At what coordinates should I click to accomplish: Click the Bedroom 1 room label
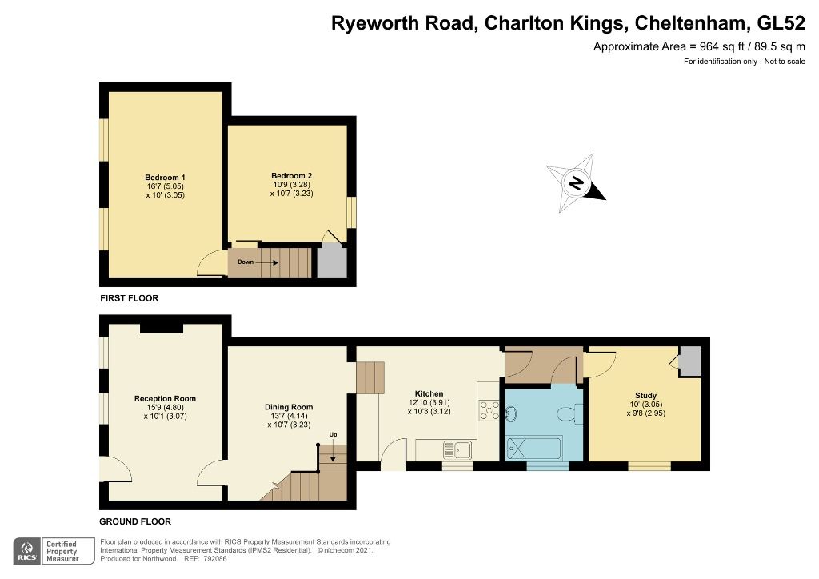(166, 177)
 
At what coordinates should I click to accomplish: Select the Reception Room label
(165, 398)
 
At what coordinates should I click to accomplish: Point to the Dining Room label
(289, 407)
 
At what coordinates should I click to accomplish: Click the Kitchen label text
(429, 394)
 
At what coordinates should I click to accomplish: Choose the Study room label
(645, 396)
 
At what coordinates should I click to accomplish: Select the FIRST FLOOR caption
(129, 298)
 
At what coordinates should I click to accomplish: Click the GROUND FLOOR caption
(135, 521)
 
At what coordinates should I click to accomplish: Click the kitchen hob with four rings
(489, 410)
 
